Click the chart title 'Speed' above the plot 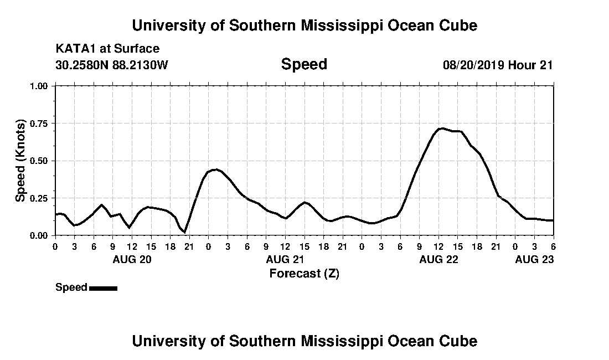(x=304, y=64)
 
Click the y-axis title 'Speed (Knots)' (x=20, y=161)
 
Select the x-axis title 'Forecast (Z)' (x=304, y=273)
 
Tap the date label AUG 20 (x=132, y=259)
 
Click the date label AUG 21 (x=285, y=259)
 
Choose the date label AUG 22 (x=438, y=259)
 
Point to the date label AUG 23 (x=534, y=259)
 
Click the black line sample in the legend (x=103, y=288)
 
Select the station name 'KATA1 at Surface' (x=107, y=49)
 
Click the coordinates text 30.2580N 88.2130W (x=112, y=65)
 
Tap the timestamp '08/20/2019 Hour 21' (x=498, y=65)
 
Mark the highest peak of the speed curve (x=441, y=128)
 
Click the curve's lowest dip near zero (x=185, y=232)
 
